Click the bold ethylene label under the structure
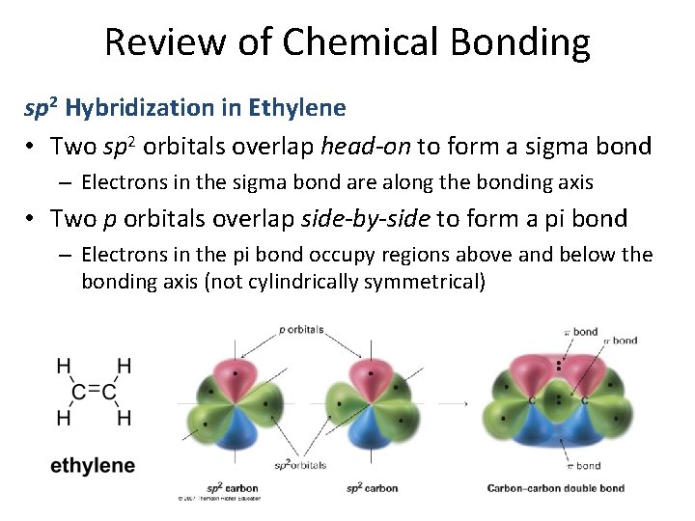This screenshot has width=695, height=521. [93, 466]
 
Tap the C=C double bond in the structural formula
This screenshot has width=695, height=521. [93, 391]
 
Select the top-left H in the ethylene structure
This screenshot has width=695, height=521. [64, 366]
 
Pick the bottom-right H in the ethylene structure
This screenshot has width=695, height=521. [124, 417]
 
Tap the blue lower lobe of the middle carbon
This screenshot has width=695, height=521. [369, 430]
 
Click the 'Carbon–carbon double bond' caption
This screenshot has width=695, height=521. [555, 488]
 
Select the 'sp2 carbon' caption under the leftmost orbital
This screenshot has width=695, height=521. [233, 488]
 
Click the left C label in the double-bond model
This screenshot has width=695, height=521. [533, 400]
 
